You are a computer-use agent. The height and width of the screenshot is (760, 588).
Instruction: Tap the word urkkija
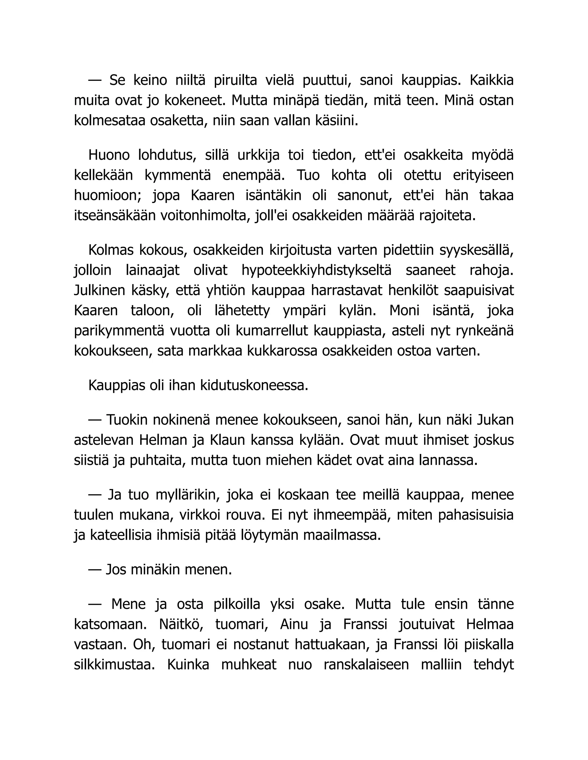pyautogui.click(x=258, y=155)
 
